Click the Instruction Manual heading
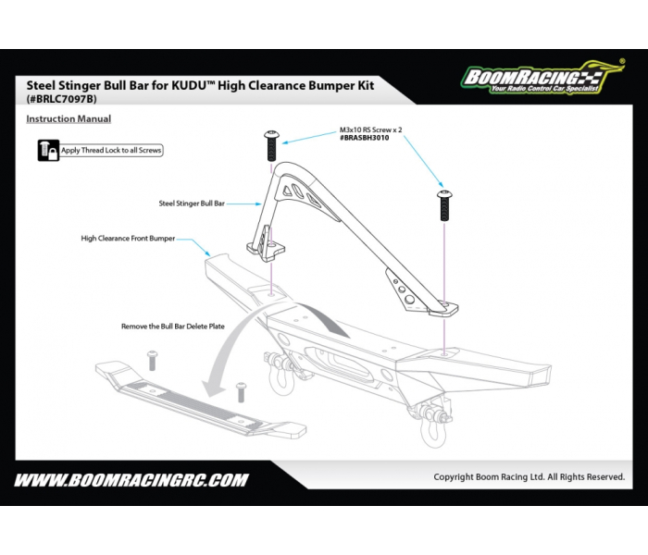tap(69, 119)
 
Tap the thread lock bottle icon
tap(48, 150)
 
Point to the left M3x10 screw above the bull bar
tap(272, 146)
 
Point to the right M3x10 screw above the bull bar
tap(444, 204)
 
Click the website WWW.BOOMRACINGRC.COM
tap(131, 479)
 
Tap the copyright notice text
tap(529, 476)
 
